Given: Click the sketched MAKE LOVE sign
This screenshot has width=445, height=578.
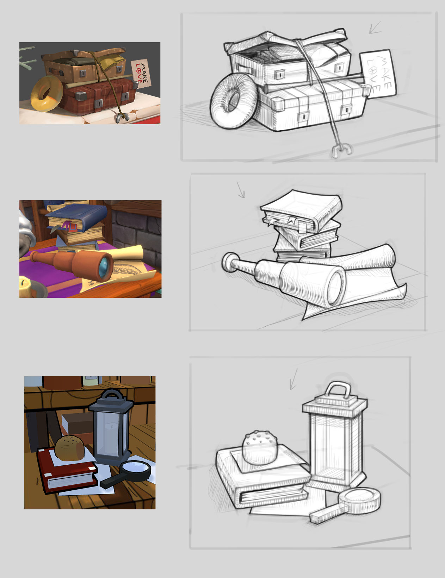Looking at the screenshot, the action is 378,73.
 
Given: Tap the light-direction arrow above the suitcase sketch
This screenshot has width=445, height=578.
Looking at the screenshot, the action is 375,28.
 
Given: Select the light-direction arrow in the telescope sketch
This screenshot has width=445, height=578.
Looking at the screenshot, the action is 241,190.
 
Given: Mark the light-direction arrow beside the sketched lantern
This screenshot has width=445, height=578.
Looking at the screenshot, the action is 293,379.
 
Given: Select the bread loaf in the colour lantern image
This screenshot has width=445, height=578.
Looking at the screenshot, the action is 70,448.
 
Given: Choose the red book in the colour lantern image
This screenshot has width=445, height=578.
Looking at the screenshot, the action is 67,471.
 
